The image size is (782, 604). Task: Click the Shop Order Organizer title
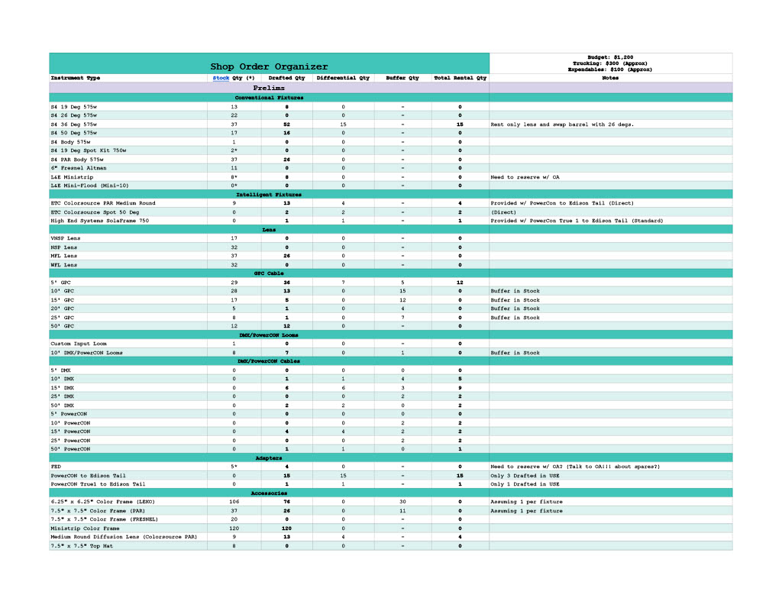click(x=269, y=66)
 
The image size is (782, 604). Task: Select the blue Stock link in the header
click(x=221, y=78)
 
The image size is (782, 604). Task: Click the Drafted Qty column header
click(x=286, y=78)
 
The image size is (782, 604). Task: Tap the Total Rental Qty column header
click(x=460, y=78)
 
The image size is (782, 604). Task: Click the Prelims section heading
click(x=269, y=88)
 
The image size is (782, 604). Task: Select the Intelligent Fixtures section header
click(x=269, y=195)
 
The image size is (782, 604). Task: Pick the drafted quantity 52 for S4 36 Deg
click(x=286, y=124)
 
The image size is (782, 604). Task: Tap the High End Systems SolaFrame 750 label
click(x=100, y=221)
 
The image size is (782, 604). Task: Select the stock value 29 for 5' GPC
click(x=234, y=283)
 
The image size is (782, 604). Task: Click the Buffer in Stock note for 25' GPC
click(x=515, y=318)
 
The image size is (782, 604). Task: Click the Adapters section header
click(x=269, y=458)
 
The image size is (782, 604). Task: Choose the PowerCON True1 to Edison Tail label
click(x=98, y=484)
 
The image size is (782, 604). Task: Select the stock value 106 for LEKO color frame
click(x=234, y=502)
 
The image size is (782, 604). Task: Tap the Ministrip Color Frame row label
click(x=85, y=528)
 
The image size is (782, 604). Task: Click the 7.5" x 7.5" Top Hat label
click(x=82, y=546)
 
